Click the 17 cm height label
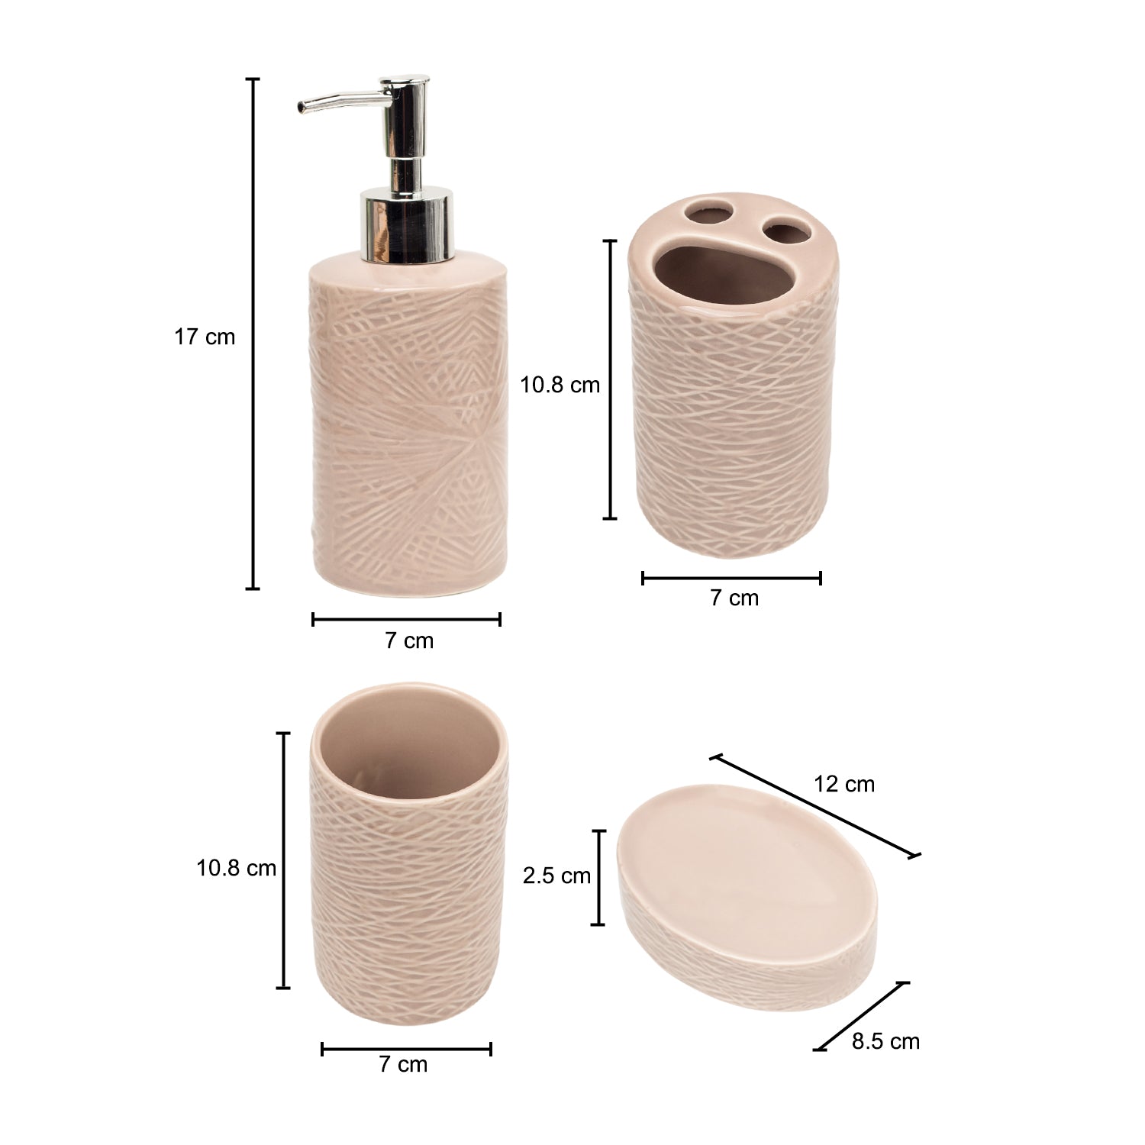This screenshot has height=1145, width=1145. pyautogui.click(x=205, y=337)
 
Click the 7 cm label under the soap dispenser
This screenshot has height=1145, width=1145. pyautogui.click(x=408, y=640)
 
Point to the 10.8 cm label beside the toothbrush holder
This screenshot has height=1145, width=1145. pyautogui.click(x=560, y=385)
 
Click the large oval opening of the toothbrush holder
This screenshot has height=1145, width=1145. pyautogui.click(x=714, y=277)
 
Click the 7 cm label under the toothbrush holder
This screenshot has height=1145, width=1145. pyautogui.click(x=734, y=598)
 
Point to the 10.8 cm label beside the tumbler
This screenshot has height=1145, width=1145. pyautogui.click(x=237, y=868)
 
